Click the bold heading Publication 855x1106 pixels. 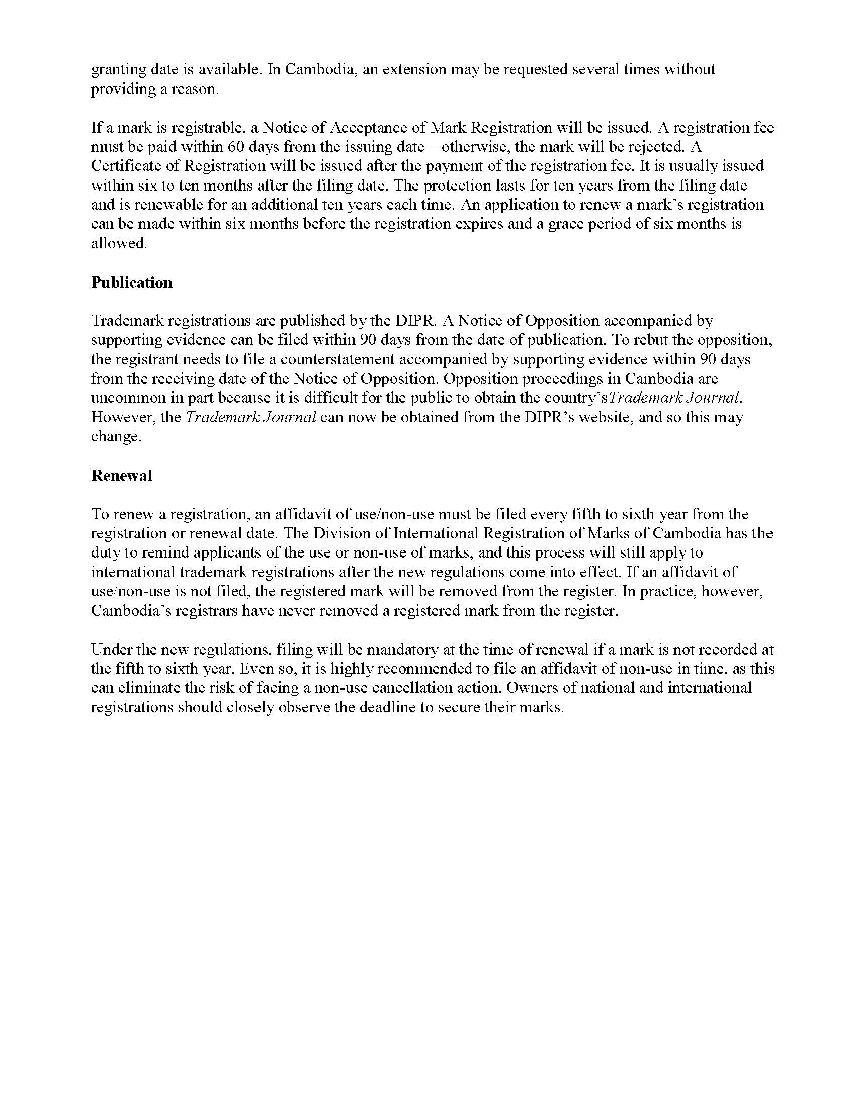[132, 282]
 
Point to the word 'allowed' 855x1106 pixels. [119, 244]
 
